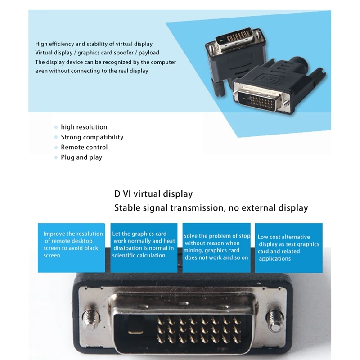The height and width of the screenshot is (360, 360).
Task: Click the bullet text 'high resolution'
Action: pos(84,127)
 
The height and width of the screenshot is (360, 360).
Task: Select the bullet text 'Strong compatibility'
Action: pos(92,137)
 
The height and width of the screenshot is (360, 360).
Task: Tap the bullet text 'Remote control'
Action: pos(84,148)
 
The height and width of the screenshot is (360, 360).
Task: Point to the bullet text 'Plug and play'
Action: pos(81,157)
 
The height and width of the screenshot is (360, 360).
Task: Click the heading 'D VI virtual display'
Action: pos(153,194)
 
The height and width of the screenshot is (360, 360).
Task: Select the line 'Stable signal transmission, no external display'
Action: pos(211,208)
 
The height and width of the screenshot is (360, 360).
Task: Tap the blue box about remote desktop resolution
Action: pos(72,248)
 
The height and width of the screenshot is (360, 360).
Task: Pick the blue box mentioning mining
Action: pos(216,248)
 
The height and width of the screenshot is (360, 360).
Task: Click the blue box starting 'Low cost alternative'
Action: pos(288,248)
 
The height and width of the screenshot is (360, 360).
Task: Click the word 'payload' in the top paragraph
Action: pos(148,53)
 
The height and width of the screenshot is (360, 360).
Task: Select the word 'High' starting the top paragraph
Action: pos(41,44)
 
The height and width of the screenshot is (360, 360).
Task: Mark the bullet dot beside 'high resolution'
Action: pos(56,128)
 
